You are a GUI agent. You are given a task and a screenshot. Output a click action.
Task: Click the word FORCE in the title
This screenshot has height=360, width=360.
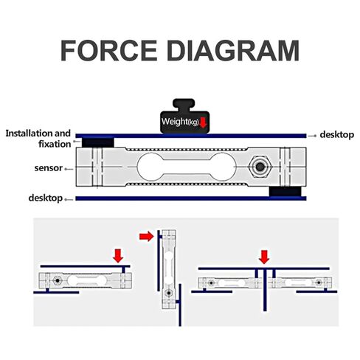108,50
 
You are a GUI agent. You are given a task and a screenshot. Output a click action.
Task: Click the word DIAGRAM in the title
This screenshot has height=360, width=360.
233,50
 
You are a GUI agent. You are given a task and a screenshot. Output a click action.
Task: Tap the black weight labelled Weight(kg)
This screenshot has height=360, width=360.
184,117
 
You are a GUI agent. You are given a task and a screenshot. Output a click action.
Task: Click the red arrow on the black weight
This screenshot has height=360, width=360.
203,122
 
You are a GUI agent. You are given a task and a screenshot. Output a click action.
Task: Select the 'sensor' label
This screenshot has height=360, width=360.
49,168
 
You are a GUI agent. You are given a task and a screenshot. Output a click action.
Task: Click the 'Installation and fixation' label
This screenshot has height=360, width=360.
38,139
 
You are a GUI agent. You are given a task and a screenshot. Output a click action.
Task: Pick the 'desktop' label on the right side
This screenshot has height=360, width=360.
336,135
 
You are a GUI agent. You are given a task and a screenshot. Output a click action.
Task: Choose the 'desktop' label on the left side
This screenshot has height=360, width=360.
46,198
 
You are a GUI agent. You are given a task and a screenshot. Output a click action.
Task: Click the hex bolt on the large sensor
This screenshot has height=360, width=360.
260,167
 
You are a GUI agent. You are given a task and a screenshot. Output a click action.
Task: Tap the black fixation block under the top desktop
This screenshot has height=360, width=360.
98,142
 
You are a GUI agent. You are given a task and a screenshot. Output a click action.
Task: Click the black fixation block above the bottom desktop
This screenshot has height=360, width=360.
285,192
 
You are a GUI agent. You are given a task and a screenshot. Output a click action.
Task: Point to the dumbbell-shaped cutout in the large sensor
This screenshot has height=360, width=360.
187,167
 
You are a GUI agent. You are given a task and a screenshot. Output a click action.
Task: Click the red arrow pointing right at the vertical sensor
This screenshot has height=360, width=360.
147,237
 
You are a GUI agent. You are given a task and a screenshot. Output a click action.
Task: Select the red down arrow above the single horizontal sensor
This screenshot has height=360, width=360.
118,256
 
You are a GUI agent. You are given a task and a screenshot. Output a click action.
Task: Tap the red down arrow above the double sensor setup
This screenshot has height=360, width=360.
264,257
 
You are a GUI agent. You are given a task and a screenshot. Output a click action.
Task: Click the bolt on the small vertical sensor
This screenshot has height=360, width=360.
169,293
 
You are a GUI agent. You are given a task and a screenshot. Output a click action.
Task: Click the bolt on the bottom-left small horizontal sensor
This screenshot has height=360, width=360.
58,280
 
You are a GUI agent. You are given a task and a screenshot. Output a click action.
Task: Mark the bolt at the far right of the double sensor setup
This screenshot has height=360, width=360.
319,283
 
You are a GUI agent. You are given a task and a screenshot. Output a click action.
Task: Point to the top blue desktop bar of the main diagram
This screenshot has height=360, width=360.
191,136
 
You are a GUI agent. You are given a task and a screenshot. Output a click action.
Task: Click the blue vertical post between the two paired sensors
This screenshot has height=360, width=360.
265,290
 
